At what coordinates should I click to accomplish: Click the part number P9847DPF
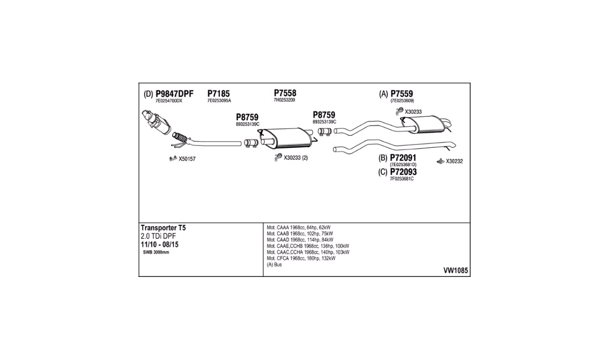coord(174,94)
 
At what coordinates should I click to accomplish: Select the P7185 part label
coord(218,94)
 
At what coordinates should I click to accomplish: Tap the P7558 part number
coord(285,93)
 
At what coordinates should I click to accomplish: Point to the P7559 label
coord(401,94)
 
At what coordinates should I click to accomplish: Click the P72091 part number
coord(403,158)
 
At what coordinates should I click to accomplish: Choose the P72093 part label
coord(403,172)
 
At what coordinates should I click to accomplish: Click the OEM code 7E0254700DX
coord(168,101)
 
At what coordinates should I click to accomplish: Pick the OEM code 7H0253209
coord(285,100)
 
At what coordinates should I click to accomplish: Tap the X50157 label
coord(187,159)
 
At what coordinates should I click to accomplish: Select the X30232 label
coord(454,161)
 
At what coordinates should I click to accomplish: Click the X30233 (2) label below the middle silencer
coord(296,158)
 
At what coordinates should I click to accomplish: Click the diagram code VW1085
coord(456,270)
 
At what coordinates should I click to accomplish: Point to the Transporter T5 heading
coord(163,228)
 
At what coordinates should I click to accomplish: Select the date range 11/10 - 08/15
coord(159,245)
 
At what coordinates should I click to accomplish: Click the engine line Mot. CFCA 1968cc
coord(301,258)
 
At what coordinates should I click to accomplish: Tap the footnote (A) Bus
coord(274,265)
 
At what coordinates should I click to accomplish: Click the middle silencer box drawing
coord(287,137)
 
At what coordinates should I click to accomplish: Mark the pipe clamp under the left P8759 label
coord(251,143)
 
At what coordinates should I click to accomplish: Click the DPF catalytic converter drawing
coord(156,122)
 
